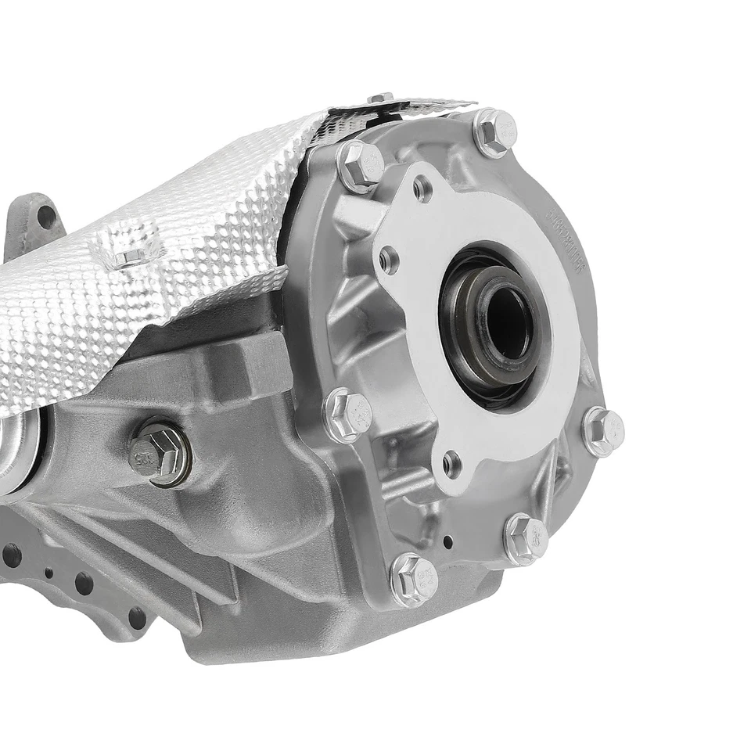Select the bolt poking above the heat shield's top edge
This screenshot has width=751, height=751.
[x=381, y=98]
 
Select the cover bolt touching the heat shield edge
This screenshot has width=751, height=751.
[x=359, y=165]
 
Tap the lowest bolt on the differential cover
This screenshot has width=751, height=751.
[x=413, y=579]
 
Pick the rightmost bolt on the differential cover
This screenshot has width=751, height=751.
[x=603, y=431]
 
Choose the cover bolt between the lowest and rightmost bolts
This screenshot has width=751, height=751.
[x=526, y=538]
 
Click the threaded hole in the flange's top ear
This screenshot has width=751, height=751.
[x=422, y=188]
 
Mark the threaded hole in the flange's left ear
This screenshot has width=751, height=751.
[x=389, y=261]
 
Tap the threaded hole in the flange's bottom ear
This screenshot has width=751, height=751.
[x=451, y=465]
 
